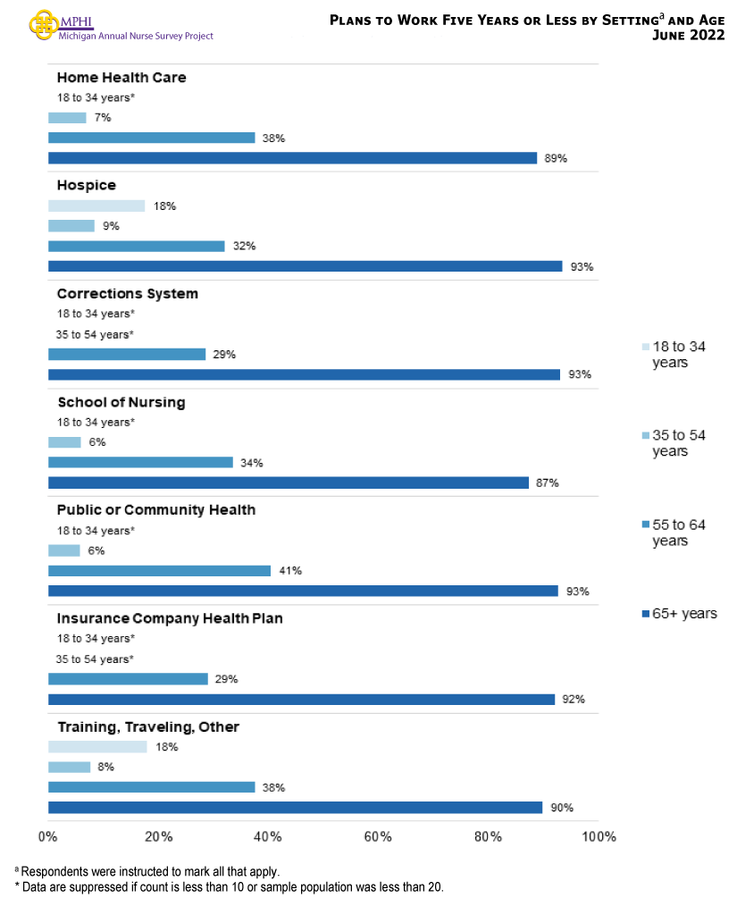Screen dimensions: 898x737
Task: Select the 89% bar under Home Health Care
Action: [292, 158]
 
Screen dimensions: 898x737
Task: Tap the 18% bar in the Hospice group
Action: [96, 206]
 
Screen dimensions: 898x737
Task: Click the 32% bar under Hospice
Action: [136, 246]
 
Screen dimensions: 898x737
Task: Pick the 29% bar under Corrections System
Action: [127, 355]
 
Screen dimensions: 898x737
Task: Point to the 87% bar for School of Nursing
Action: [288, 483]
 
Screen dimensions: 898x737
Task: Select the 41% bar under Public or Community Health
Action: [159, 570]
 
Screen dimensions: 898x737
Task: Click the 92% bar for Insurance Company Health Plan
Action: [301, 700]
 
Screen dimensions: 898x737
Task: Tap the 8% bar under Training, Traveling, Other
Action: [69, 767]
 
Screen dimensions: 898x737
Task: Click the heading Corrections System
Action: [128, 294]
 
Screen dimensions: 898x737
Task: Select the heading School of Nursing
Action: [121, 402]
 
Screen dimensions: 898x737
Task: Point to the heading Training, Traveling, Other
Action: [148, 727]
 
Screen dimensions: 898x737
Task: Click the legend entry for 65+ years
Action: [679, 614]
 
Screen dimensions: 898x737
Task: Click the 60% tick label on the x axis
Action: [379, 837]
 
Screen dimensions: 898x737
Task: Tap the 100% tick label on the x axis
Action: [599, 837]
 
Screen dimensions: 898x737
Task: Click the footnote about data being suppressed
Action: [229, 886]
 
